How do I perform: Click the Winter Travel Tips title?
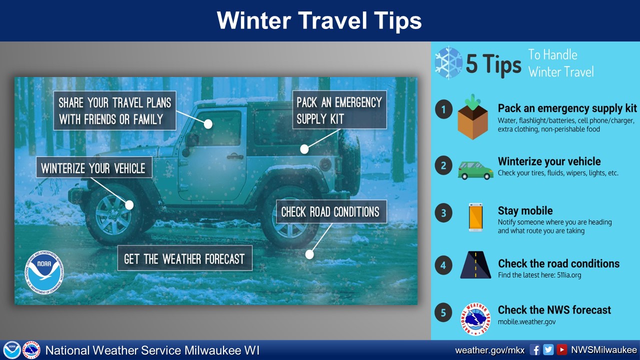pos(319,20)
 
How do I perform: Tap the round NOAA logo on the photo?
pos(44,272)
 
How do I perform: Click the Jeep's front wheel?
pos(113,215)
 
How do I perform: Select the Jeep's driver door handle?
pos(235,156)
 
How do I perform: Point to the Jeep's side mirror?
pos(191,143)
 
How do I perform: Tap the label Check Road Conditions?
pos(331,211)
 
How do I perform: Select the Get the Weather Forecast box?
pos(185,258)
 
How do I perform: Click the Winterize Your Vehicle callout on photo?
pos(94,167)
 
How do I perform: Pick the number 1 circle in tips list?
pos(443,109)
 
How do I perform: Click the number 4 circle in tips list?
pos(443,265)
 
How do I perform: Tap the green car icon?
pos(475,170)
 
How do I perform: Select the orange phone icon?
pos(475,217)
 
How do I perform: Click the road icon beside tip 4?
pos(475,264)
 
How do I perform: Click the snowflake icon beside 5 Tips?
pos(448,63)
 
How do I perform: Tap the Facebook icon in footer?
pos(535,349)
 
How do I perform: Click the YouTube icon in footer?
pos(561,349)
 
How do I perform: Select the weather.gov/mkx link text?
pos(489,350)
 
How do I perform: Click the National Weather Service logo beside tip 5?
pos(475,319)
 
